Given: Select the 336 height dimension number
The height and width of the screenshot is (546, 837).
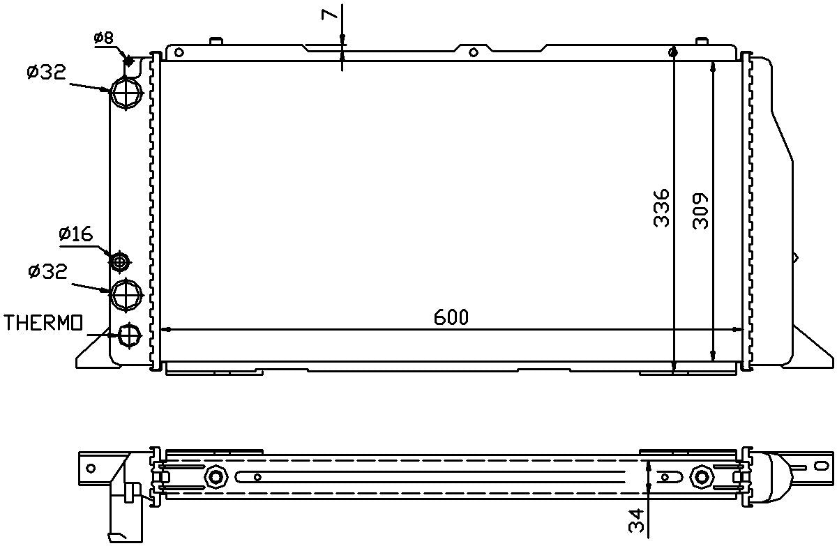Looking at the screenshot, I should tap(661, 207).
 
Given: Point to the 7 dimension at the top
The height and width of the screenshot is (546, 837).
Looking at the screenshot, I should tap(331, 12).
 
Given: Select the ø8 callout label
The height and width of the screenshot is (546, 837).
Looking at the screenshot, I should tap(104, 38).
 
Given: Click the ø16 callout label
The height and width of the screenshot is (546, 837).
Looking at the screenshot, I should tap(76, 234).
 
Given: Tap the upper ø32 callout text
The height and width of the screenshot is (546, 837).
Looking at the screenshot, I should tap(47, 73).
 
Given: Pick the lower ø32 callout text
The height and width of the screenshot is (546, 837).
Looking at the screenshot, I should tap(47, 271).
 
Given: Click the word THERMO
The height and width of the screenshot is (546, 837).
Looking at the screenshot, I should tap(43, 322).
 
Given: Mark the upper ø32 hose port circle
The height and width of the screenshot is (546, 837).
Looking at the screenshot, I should tap(126, 91).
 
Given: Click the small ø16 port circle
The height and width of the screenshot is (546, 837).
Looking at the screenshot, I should tap(121, 261).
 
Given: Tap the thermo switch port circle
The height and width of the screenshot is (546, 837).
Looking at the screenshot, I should tap(129, 335).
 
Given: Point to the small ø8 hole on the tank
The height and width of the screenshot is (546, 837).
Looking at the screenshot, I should tap(130, 61).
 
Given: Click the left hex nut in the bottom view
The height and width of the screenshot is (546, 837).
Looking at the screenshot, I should tap(216, 476).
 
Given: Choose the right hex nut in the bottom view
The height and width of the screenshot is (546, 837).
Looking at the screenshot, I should tap(701, 477).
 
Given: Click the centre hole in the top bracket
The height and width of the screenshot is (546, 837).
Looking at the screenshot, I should tap(474, 52).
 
